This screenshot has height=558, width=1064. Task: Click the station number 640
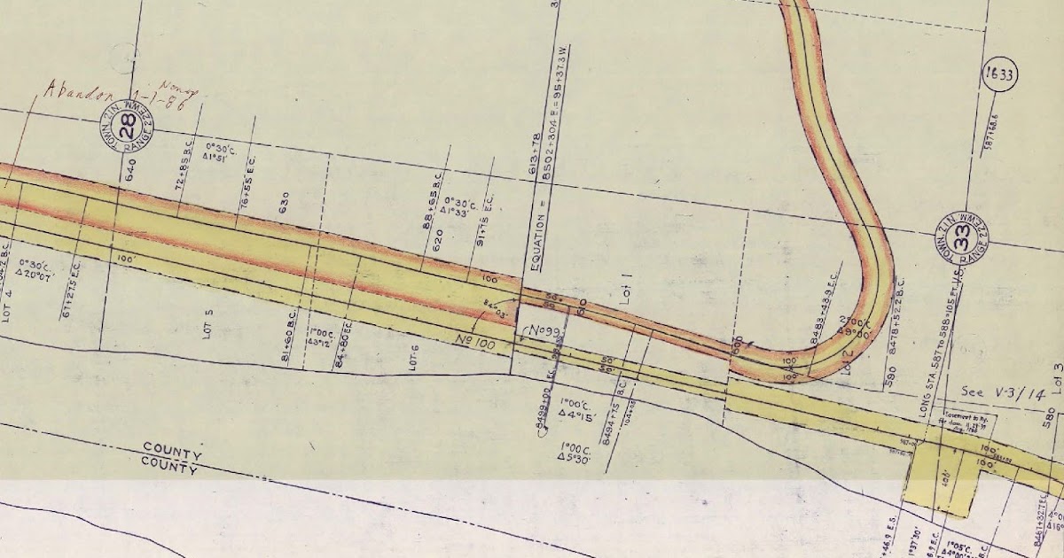(x=130, y=170)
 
